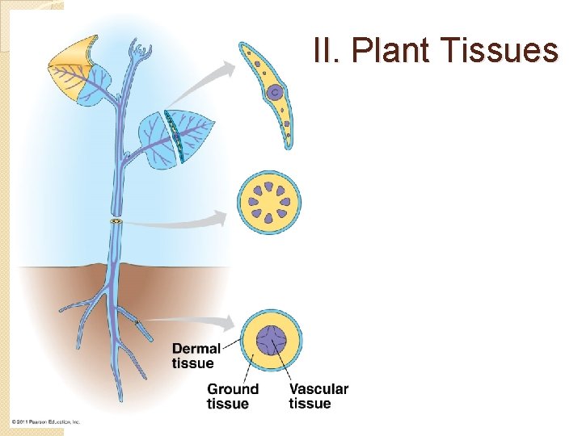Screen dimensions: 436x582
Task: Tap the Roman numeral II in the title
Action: [x=328, y=51]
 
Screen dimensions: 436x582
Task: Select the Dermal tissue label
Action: [x=196, y=355]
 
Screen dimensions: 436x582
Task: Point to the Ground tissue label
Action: [x=233, y=396]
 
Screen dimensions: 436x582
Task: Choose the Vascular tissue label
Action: [x=318, y=396]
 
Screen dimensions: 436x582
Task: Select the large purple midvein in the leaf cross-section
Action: [x=274, y=93]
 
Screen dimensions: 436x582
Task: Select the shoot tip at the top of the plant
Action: [x=143, y=55]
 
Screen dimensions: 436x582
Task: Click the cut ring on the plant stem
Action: [x=116, y=221]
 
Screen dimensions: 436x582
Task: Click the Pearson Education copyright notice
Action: [x=46, y=422]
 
